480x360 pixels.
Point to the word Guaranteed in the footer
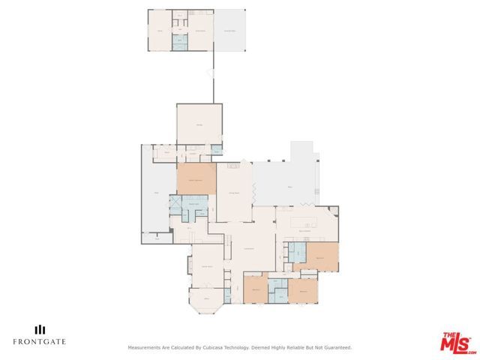pyautogui.click(x=335, y=348)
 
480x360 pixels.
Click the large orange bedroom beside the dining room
pyautogui.click(x=196, y=181)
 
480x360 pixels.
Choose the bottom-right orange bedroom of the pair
pyautogui.click(x=304, y=291)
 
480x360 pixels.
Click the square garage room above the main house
pyautogui.click(x=199, y=124)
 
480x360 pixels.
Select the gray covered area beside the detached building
pyautogui.click(x=230, y=30)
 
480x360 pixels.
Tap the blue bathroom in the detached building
pyautogui.click(x=180, y=43)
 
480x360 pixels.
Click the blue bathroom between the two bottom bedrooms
pyautogui.click(x=278, y=285)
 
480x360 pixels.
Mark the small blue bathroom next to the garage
pyautogui.click(x=216, y=150)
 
